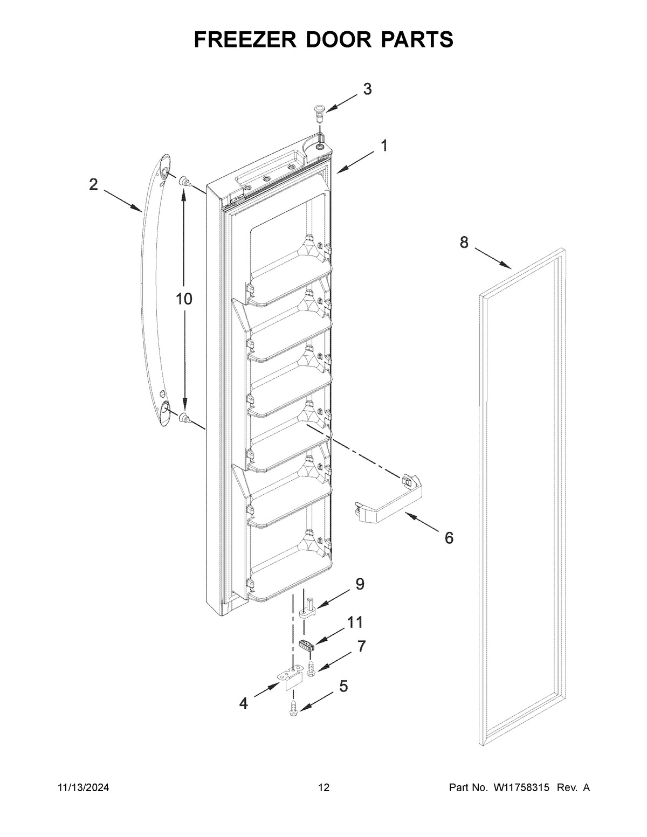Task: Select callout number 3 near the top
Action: coord(367,89)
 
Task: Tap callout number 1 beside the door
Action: coord(384,146)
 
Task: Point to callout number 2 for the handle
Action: coord(93,185)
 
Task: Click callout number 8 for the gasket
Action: coord(464,243)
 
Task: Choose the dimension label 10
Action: coord(184,299)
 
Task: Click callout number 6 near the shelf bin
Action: coord(449,537)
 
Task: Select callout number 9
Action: coord(359,584)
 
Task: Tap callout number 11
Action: coord(354,622)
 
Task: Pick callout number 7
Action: coord(361,646)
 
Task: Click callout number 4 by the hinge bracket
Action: coord(244,703)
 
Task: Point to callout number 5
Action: coord(343,686)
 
